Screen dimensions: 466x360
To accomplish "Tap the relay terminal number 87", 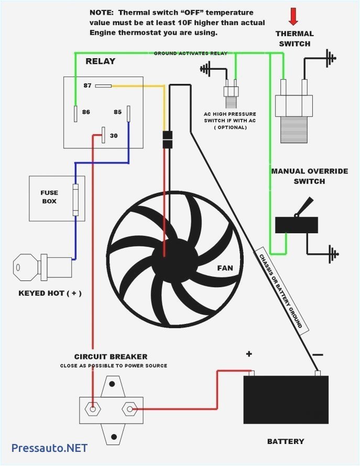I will [x=88, y=85].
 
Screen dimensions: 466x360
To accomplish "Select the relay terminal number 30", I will [x=113, y=136].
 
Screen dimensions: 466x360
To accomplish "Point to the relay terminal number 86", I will [x=86, y=112].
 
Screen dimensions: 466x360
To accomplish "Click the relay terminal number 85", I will [x=118, y=112].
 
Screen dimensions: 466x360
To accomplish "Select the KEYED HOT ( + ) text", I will [x=50, y=293].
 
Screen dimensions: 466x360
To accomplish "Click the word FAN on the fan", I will [x=225, y=268].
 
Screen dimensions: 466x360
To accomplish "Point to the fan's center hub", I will [x=164, y=257].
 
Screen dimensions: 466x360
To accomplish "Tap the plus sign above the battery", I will [x=249, y=354].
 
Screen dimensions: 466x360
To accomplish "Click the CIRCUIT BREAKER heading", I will [x=111, y=357].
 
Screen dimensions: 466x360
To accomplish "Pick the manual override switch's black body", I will [x=296, y=225].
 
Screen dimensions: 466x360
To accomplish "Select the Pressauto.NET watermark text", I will [x=49, y=448].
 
